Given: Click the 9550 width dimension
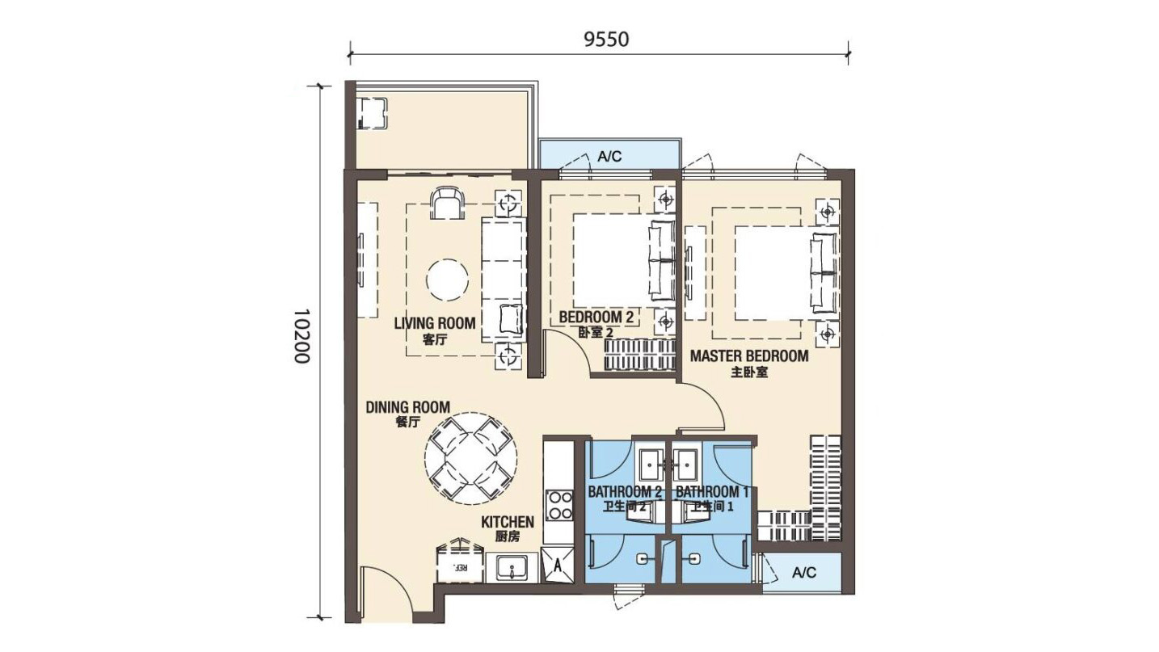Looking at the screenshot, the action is (x=606, y=40).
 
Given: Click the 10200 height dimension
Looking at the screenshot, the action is (x=301, y=337).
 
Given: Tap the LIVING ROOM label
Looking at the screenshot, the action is (x=435, y=324).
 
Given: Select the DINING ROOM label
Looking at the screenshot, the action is (x=407, y=407).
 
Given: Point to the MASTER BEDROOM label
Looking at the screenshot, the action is (x=749, y=356).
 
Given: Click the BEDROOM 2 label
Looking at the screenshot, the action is (x=596, y=317).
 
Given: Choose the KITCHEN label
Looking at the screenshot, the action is (x=508, y=522).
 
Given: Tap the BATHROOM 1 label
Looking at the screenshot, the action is (x=712, y=492).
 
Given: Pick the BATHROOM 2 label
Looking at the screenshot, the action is (x=625, y=492).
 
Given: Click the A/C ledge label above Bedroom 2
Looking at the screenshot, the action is (x=609, y=156).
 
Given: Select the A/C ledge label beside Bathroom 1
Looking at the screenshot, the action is (x=804, y=572).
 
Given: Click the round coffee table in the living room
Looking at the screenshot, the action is (x=448, y=280).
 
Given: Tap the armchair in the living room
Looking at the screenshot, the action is (x=447, y=203).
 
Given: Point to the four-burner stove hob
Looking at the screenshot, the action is (x=559, y=505).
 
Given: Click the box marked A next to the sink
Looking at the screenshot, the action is (x=557, y=565).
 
